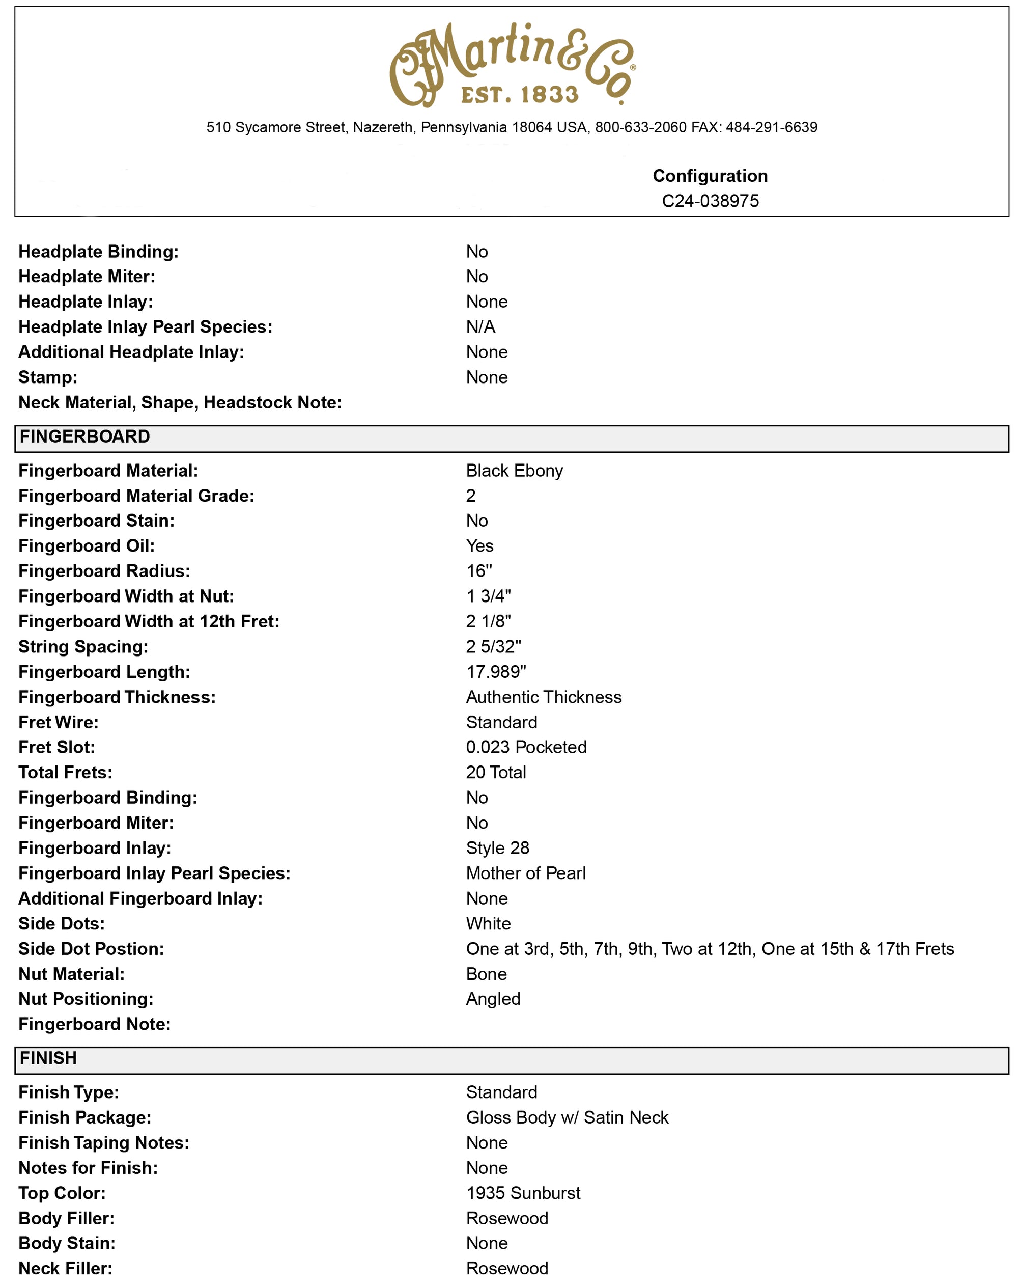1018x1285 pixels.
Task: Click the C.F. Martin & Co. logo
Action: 512,64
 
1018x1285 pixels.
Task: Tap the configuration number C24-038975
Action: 710,201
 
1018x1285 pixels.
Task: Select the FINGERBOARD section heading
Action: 84,437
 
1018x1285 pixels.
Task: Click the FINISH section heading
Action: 48,1058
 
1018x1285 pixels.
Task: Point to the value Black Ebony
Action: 514,471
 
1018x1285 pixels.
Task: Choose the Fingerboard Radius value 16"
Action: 479,571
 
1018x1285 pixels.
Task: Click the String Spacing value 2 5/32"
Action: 493,647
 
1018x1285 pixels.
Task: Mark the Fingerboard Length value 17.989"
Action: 496,672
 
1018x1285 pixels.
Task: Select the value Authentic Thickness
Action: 543,697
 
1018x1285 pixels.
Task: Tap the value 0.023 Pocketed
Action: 526,747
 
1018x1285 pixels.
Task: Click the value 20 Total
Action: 496,773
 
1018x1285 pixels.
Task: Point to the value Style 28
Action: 497,848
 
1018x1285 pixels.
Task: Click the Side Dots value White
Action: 488,924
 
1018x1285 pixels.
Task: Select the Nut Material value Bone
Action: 486,974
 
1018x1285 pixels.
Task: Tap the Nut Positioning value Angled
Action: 493,999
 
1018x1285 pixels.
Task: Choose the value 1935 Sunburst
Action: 522,1193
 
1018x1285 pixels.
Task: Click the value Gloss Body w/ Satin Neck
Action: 567,1117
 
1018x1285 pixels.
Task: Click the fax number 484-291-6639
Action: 771,127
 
